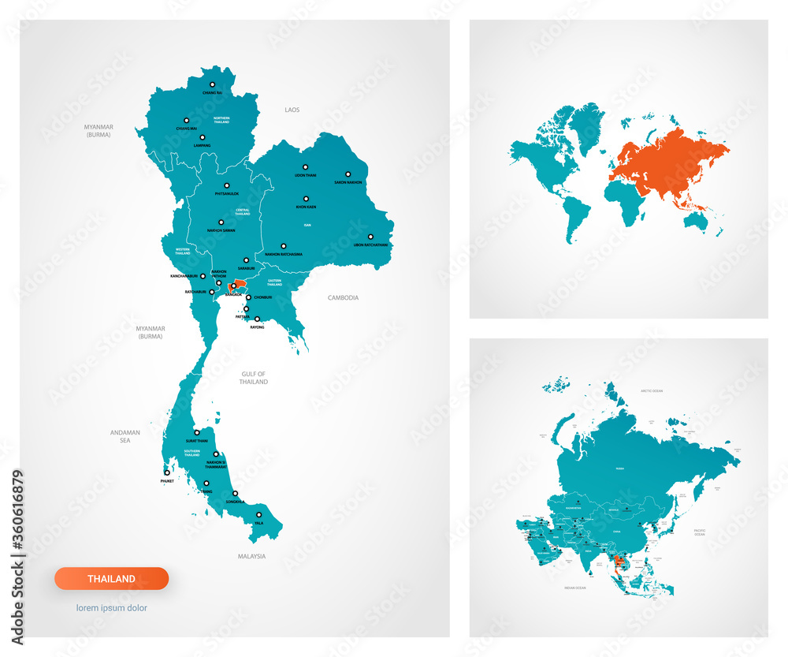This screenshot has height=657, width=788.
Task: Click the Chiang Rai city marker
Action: (x=212, y=84)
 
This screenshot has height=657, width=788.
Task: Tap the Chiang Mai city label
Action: (x=186, y=128)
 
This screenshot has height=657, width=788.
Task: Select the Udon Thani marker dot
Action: (x=305, y=167)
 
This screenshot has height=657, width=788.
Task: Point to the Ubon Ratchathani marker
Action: (x=369, y=237)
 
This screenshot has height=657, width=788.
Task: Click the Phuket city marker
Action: (x=166, y=473)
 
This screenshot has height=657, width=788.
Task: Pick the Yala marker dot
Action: (x=258, y=515)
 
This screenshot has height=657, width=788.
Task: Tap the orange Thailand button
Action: (x=111, y=578)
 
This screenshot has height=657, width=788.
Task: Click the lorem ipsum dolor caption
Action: (x=111, y=608)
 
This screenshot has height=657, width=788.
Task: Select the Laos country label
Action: (x=292, y=110)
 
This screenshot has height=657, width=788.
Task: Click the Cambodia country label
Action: (x=343, y=298)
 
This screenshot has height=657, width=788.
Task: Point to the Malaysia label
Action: (x=251, y=556)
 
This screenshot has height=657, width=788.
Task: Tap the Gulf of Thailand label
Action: (x=253, y=378)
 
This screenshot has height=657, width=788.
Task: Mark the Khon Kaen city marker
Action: (x=306, y=199)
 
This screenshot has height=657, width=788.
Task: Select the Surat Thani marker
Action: (x=197, y=432)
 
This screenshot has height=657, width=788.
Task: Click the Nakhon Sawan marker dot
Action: (x=221, y=222)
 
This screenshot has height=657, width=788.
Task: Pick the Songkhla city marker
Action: (x=235, y=494)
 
